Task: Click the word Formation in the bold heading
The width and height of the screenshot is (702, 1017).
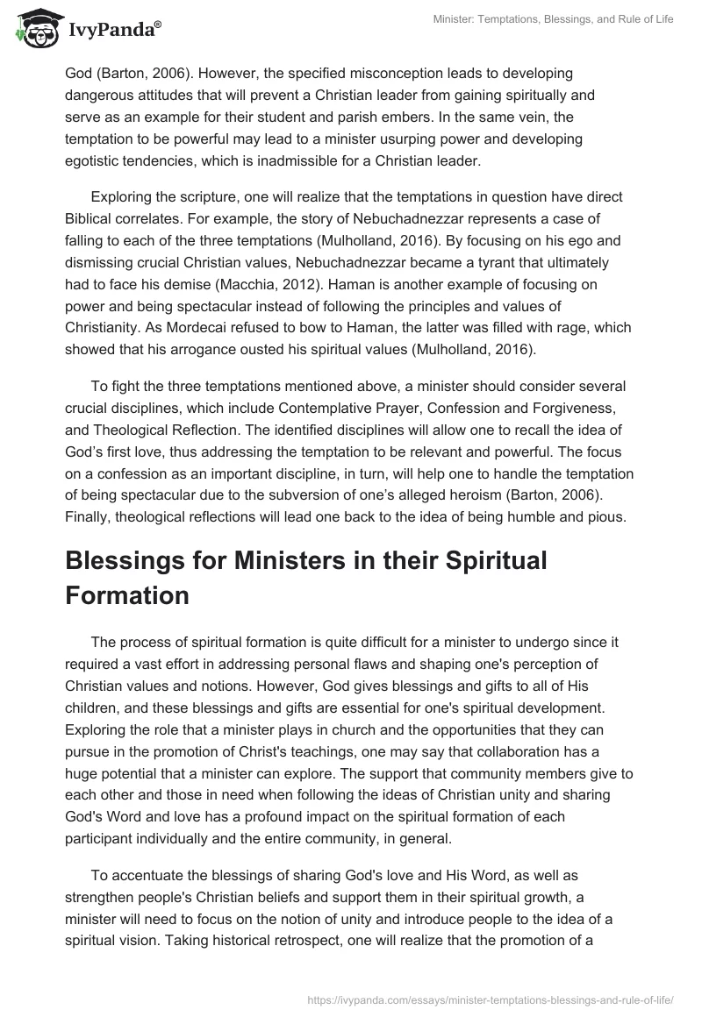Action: [x=127, y=594]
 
